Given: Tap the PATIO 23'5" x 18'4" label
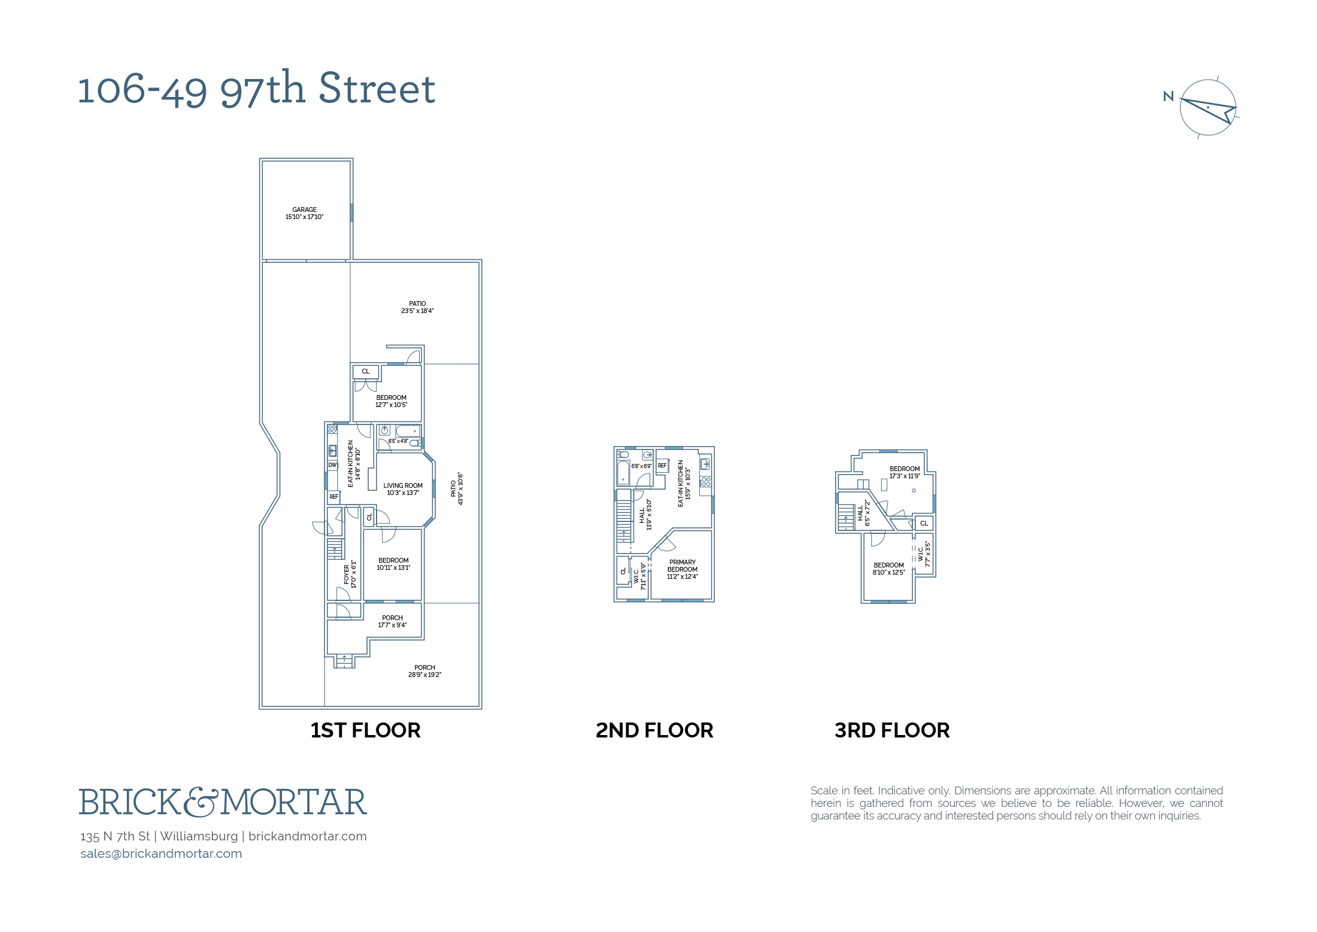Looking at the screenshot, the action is coord(417,307).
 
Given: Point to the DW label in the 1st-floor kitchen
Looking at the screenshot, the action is coord(333,465).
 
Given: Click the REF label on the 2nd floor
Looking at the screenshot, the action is coord(662,466).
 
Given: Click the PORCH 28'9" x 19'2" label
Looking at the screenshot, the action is coord(424,671).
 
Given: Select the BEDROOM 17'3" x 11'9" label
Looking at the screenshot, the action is coord(905,472).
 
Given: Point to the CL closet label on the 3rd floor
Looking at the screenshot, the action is coord(924,523).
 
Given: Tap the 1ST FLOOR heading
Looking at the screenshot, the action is coord(365,730).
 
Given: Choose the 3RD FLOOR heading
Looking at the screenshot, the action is coord(892,730).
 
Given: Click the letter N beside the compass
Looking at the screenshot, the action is coord(1169,96).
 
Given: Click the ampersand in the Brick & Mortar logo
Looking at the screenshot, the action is coord(200,802).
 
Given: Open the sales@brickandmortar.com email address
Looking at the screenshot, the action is coord(161,854).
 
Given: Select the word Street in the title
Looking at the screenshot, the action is coord(377,89).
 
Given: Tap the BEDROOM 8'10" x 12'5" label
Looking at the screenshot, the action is coord(888,569).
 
